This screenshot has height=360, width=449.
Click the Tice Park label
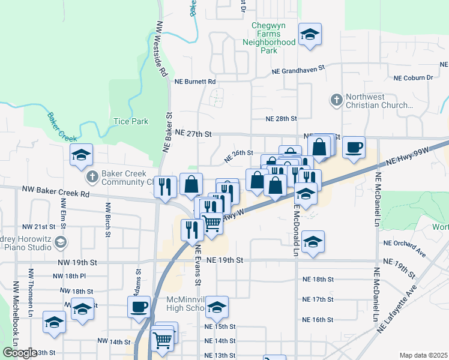[131, 121]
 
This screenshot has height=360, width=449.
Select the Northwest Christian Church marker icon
[337, 99]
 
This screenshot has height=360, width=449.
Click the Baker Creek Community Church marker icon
[92, 176]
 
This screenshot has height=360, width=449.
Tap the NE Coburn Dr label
[413, 78]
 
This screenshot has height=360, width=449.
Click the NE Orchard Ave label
[405, 242]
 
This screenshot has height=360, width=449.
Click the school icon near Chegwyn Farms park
[310, 34]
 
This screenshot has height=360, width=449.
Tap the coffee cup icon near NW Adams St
[139, 307]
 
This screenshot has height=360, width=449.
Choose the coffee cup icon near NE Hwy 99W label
[354, 146]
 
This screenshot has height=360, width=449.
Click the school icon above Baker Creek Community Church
[81, 155]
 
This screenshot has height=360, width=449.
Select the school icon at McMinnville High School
[217, 307]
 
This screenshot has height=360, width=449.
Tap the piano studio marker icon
[59, 242]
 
